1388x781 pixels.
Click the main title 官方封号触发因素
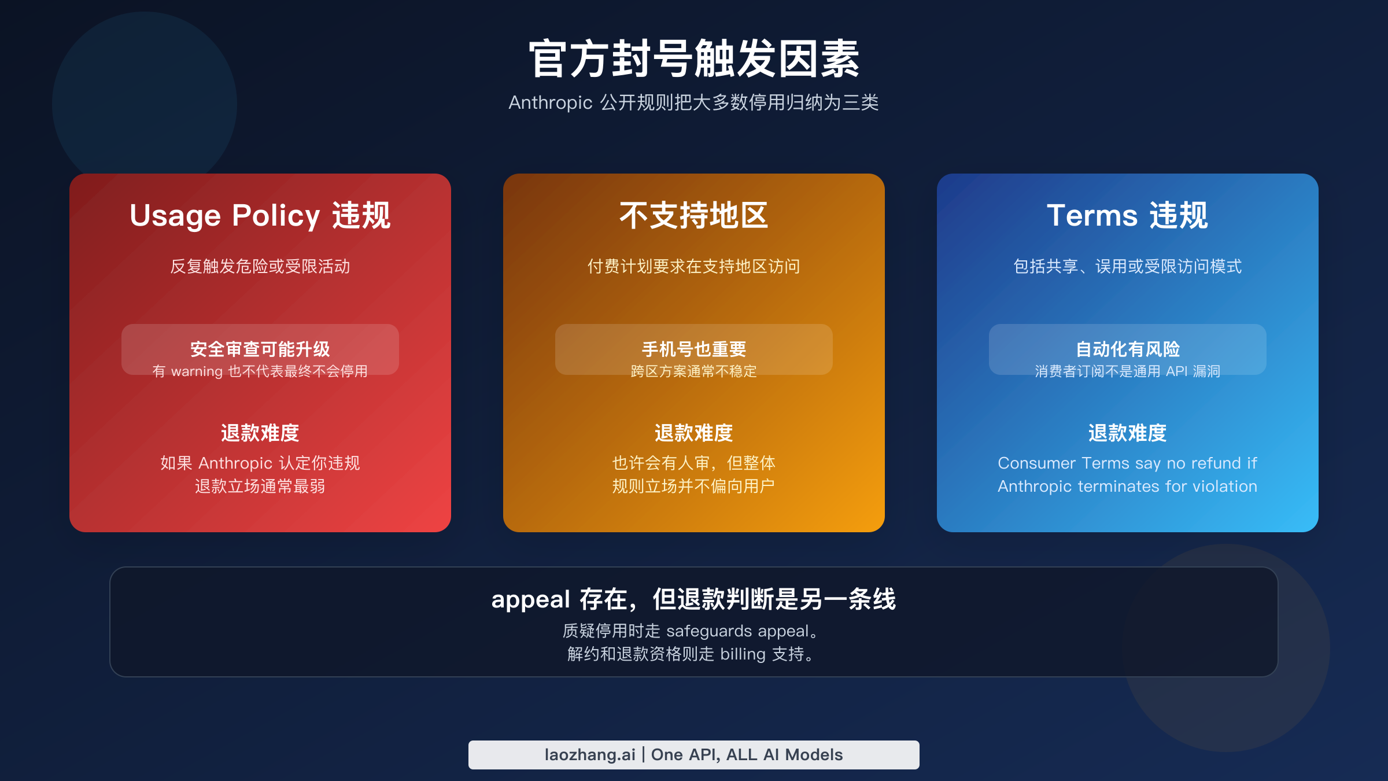pos(693,59)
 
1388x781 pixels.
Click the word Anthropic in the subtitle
pos(550,102)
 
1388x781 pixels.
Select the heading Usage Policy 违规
pos(260,216)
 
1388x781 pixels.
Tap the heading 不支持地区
pos(693,216)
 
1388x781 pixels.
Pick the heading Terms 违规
pos(1127,216)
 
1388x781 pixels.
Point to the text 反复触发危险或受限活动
pos(260,266)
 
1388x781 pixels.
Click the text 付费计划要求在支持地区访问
pos(693,266)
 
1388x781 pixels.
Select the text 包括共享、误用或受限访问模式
pos(1127,266)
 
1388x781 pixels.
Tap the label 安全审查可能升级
pos(260,349)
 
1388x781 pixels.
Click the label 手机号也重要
pos(693,349)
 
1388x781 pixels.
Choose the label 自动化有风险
pos(1127,349)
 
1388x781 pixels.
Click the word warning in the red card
pos(197,371)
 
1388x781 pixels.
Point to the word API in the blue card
pos(1176,371)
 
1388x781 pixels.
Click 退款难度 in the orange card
pos(693,433)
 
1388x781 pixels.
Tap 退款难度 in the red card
pos(260,433)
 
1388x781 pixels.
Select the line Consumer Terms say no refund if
pos(1127,463)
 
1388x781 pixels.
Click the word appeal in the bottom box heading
pos(530,600)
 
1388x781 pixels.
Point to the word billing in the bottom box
pos(743,654)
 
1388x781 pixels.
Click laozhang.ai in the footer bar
pos(589,755)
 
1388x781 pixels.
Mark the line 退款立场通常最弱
pos(260,486)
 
